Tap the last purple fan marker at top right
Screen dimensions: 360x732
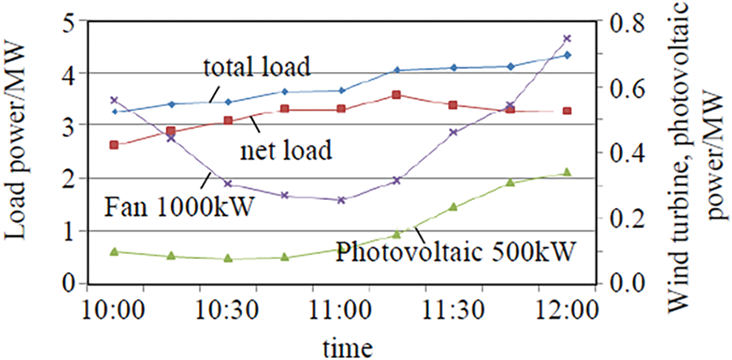point(567,38)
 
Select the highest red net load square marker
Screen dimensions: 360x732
point(396,95)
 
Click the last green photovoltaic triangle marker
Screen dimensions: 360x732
point(567,172)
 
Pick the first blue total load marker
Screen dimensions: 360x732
point(115,111)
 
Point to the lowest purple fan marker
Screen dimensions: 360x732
point(341,200)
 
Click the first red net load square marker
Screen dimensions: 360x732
point(115,145)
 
